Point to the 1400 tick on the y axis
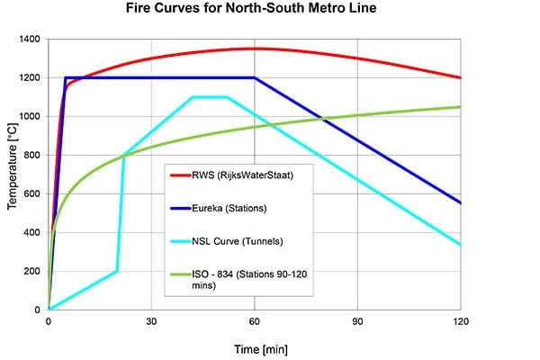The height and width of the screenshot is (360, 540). coord(28,40)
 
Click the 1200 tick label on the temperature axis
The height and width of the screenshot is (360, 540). coord(28,78)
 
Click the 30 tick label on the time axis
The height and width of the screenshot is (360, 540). coord(151,321)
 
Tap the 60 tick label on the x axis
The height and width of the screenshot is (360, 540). coord(255,321)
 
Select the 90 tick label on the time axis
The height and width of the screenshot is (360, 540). coord(358,321)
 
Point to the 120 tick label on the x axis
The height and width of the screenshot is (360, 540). coord(461,321)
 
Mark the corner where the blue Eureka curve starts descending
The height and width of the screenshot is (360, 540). coord(255,77)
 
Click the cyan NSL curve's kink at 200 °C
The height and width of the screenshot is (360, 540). coord(117,271)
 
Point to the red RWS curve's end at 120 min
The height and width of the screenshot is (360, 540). coord(461,77)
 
